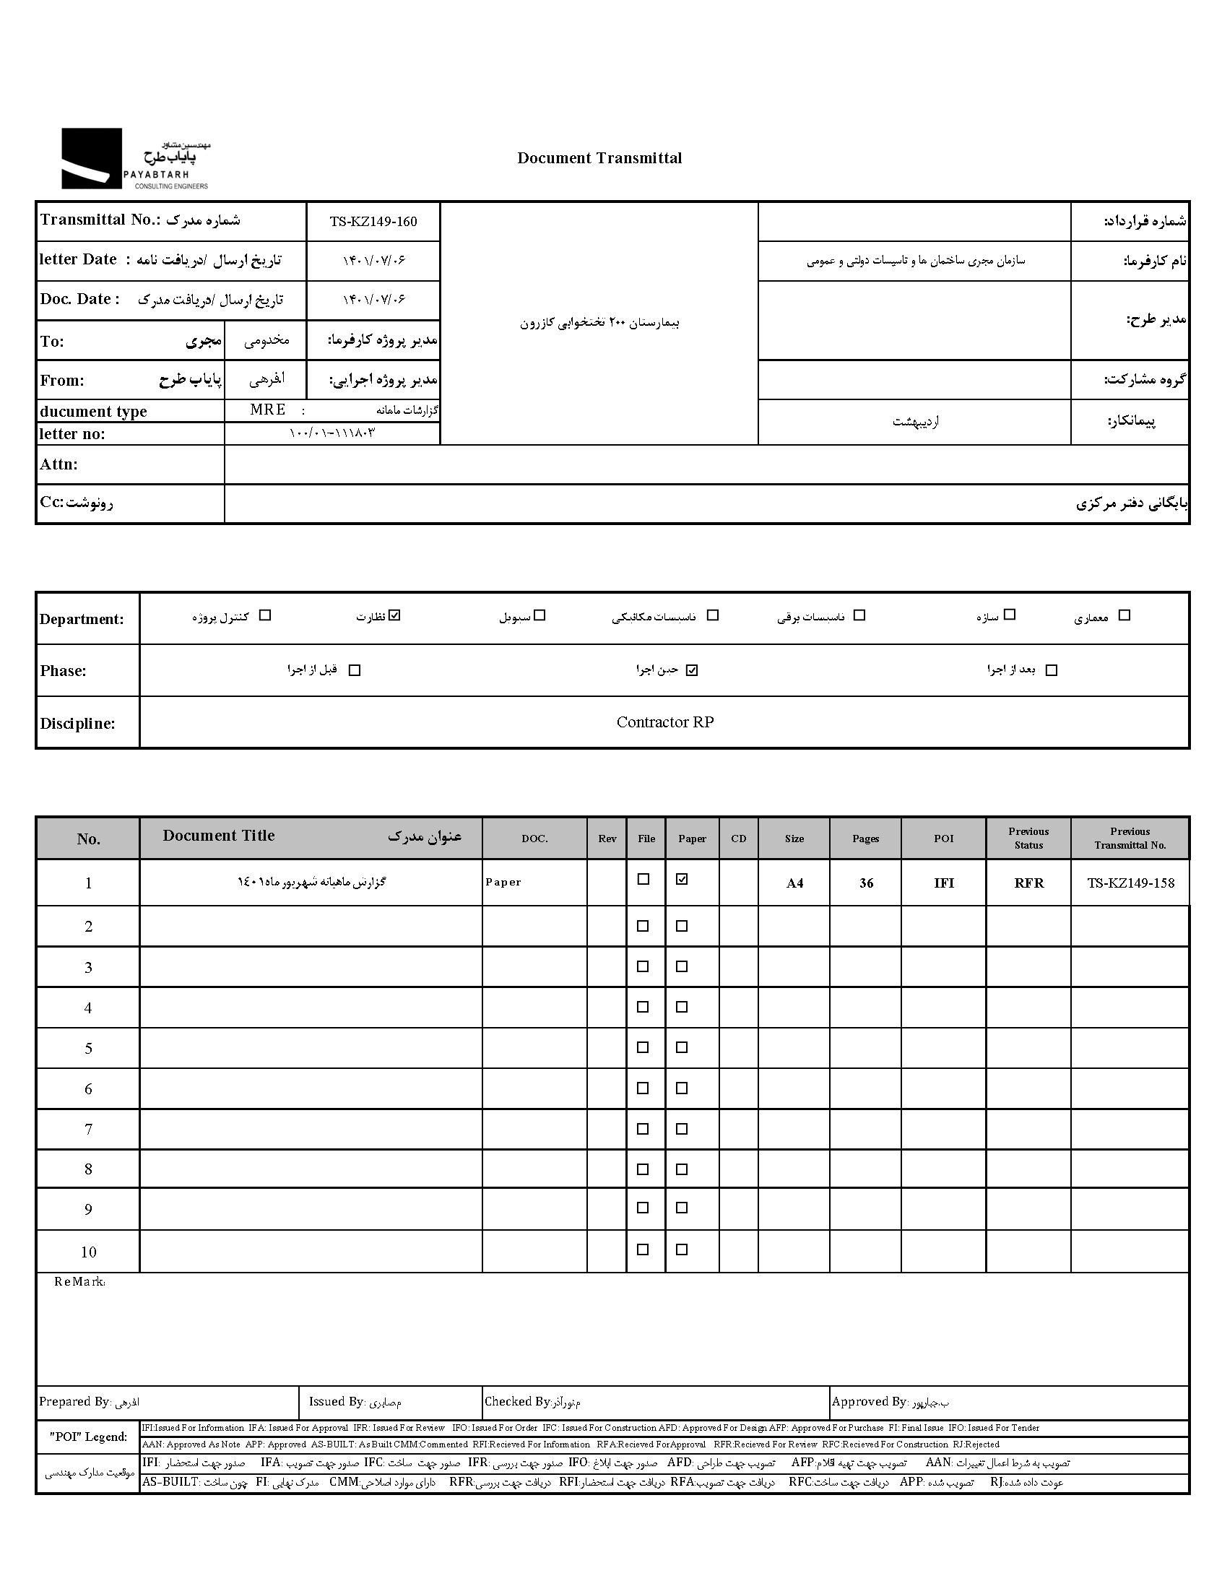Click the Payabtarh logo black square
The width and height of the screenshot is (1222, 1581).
91,159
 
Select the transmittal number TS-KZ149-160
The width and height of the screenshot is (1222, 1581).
373,222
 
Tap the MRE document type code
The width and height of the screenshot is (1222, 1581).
267,410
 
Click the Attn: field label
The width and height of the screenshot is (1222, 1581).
58,464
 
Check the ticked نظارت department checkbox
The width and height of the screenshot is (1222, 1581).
394,615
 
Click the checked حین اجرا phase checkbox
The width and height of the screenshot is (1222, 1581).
692,670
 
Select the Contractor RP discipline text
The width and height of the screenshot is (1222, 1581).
664,722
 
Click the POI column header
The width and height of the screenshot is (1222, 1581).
943,839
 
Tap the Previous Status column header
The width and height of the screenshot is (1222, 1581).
1028,839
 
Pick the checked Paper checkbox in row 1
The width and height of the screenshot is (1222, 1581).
682,880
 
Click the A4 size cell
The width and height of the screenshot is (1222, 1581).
794,883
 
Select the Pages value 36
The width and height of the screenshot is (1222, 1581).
866,883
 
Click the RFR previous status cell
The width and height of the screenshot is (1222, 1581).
1028,883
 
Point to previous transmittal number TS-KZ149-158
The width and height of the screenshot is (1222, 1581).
1130,883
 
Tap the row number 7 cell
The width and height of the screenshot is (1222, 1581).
88,1129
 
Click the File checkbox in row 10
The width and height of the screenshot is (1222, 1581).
643,1249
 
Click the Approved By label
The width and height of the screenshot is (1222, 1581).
869,1401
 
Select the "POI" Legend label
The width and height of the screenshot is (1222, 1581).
87,1437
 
